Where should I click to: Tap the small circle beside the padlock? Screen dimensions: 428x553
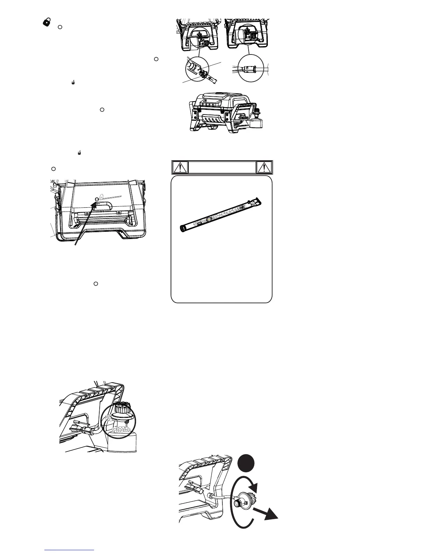click(x=60, y=27)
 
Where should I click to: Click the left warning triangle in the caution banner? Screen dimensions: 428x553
click(x=180, y=168)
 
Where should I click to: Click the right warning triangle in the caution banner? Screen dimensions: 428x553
click(x=264, y=168)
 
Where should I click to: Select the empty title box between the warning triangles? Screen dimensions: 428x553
click(x=222, y=168)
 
